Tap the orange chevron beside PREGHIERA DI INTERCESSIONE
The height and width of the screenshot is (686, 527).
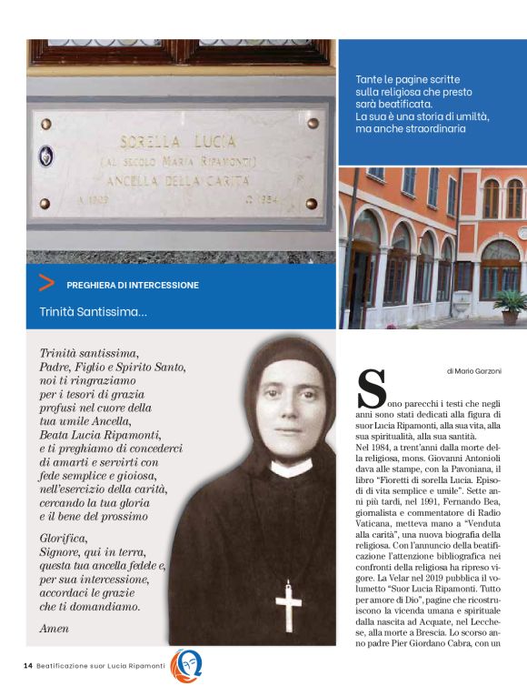coord(45,284)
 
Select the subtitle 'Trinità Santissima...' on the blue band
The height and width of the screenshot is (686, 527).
coord(94,312)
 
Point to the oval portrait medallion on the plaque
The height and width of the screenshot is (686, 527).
coord(45,156)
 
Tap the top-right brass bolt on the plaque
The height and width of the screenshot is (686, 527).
coord(313,123)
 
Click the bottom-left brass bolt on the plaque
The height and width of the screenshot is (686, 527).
coord(45,204)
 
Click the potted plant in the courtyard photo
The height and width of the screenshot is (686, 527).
coord(510,306)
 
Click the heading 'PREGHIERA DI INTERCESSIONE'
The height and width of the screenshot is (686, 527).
coord(132,285)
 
